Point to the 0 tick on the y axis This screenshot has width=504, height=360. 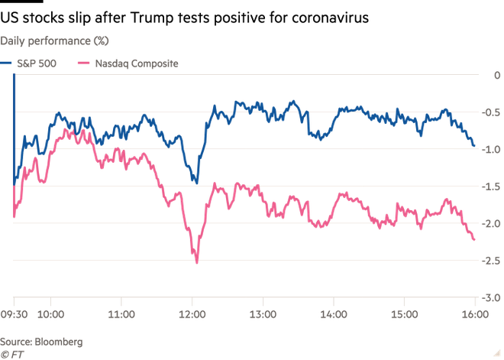tap(496, 75)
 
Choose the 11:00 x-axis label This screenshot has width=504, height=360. tap(122, 313)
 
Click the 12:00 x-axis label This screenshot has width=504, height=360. tap(192, 313)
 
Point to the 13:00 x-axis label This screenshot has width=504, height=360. tap(263, 313)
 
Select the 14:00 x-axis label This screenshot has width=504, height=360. tap(334, 313)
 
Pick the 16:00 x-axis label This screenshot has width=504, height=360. tap(474, 313)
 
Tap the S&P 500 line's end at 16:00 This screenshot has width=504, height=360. tap(476, 146)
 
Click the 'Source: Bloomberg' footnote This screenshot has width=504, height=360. tap(42, 341)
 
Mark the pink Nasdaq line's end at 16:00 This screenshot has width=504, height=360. tap(476, 241)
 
